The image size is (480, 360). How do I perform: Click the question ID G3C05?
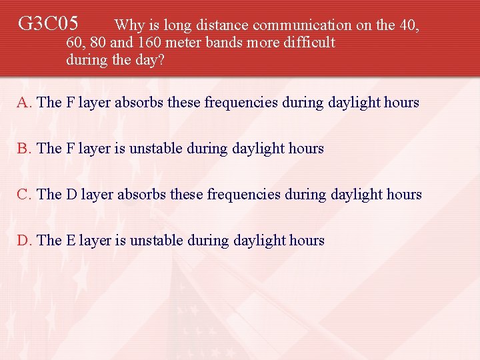click(x=48, y=25)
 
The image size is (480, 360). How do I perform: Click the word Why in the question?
click(x=129, y=25)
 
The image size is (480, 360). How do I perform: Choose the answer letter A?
click(x=23, y=103)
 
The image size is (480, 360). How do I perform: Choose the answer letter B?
click(x=23, y=149)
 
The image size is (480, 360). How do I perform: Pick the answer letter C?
click(x=23, y=195)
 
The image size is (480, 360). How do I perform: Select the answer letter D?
click(x=23, y=241)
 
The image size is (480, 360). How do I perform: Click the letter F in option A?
click(x=69, y=103)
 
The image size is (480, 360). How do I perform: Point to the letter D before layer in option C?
click(x=71, y=195)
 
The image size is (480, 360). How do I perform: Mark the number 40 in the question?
click(x=409, y=25)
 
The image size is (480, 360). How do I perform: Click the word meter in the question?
click(x=175, y=43)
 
